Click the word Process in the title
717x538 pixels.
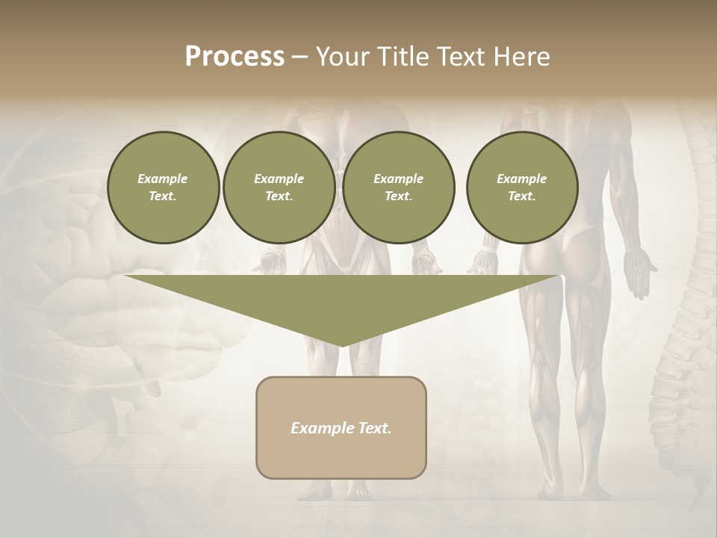point(235,56)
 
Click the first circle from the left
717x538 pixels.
point(163,188)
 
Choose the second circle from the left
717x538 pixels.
point(279,188)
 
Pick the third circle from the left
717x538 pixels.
point(398,188)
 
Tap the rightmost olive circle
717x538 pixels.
point(521,188)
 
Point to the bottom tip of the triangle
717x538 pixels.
point(341,344)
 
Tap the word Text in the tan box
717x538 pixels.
point(373,428)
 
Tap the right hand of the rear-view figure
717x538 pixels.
point(642,273)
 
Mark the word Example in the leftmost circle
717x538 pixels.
point(163,179)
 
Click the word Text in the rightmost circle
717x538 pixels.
point(521,197)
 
